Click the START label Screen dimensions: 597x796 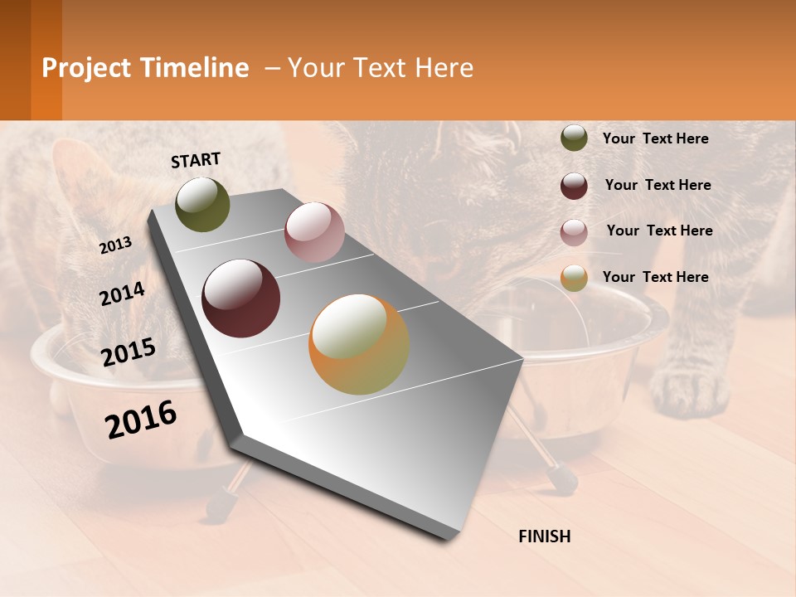(196, 160)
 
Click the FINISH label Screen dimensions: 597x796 (544, 536)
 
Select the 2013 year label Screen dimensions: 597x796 (115, 245)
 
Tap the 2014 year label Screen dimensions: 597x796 (122, 294)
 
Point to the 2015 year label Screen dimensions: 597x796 (129, 352)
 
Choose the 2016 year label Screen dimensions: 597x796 (141, 420)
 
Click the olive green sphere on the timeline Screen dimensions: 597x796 (202, 205)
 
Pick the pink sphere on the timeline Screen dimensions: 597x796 (314, 232)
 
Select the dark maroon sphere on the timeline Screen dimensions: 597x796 (241, 298)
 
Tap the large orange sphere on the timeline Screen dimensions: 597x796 (359, 344)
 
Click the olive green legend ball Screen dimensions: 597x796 (574, 138)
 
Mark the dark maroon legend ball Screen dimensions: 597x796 (574, 186)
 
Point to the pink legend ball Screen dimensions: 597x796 (574, 232)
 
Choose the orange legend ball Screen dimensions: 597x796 (574, 278)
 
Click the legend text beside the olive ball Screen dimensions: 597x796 (655, 139)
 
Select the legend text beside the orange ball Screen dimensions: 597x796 (655, 277)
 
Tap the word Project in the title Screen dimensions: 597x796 (86, 68)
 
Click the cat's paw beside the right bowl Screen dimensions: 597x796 (690, 390)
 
